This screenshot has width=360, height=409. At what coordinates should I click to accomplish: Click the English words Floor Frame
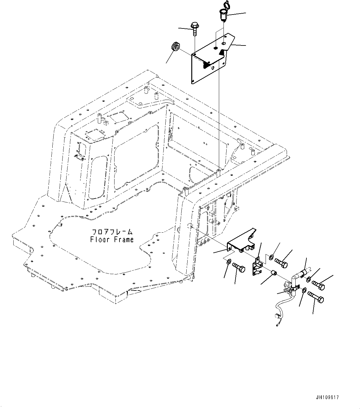tap(112, 239)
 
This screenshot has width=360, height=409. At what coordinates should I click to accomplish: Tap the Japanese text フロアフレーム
tap(112, 232)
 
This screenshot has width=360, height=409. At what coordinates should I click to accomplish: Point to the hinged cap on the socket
tap(224, 6)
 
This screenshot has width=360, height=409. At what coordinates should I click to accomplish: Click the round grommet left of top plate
tap(175, 48)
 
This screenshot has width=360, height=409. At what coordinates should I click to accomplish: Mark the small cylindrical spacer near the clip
tap(273, 273)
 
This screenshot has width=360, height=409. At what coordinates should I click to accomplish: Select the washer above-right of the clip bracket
tap(271, 256)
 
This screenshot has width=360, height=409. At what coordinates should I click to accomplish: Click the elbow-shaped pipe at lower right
tap(297, 278)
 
